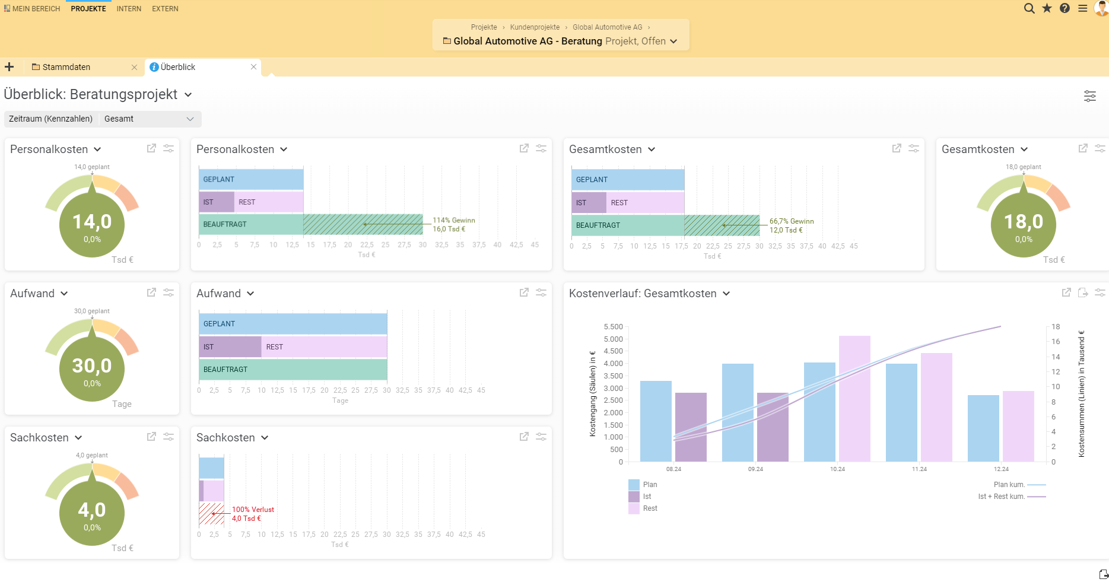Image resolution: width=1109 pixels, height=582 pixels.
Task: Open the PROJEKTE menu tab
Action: pyautogui.click(x=88, y=9)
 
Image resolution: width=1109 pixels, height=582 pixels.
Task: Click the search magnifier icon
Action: pyautogui.click(x=1029, y=8)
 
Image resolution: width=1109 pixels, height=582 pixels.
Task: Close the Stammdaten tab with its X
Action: pyautogui.click(x=134, y=67)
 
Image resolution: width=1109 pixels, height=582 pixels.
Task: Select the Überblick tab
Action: pyautogui.click(x=178, y=67)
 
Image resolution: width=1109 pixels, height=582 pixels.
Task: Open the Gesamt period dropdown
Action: pyautogui.click(x=149, y=119)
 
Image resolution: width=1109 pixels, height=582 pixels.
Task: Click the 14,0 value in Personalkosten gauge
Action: pyautogui.click(x=92, y=222)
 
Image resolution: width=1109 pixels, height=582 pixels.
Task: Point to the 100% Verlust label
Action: pyautogui.click(x=253, y=510)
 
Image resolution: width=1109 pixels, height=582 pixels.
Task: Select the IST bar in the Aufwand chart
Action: pyautogui.click(x=230, y=347)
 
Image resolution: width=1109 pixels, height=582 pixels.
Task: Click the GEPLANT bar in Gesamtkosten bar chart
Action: pyautogui.click(x=627, y=180)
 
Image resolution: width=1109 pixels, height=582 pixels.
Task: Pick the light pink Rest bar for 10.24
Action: pyautogui.click(x=854, y=397)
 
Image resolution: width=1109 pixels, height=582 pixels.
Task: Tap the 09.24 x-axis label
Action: pyautogui.click(x=755, y=469)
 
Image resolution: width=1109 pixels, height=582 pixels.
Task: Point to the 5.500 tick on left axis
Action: pyautogui.click(x=613, y=327)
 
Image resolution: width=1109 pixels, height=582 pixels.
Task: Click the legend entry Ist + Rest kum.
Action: pyautogui.click(x=1002, y=497)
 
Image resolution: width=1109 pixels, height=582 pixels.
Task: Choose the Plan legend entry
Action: pyautogui.click(x=650, y=485)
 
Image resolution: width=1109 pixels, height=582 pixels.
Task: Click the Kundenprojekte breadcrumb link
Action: pyautogui.click(x=535, y=27)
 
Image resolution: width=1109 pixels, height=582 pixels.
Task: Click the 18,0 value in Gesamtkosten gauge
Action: pyautogui.click(x=1024, y=222)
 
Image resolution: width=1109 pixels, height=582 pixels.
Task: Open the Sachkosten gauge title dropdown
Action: pyautogui.click(x=78, y=438)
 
